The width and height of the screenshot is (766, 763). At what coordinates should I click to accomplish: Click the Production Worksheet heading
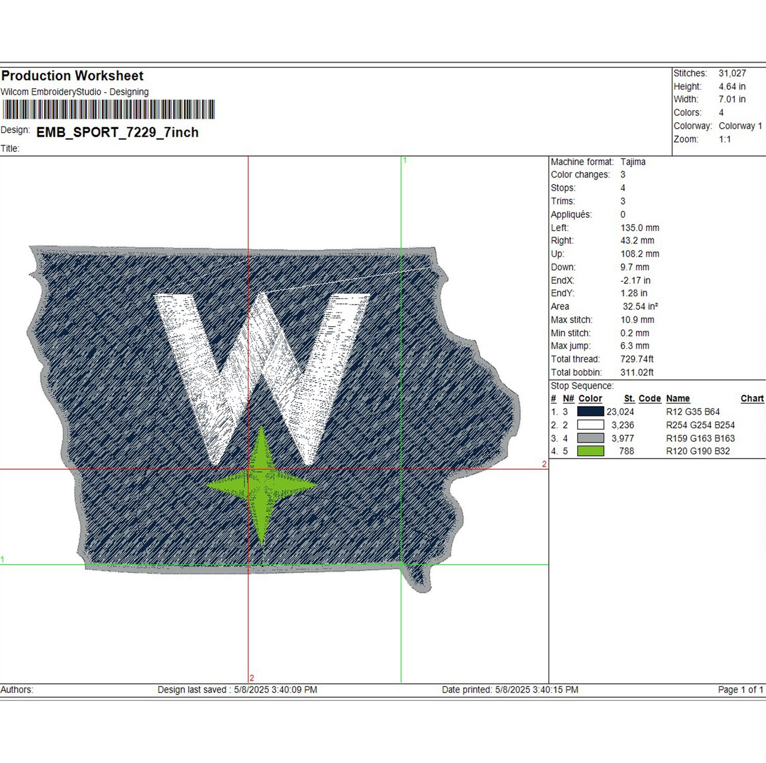(73, 76)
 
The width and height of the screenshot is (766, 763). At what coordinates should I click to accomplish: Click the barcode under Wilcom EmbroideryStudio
(108, 110)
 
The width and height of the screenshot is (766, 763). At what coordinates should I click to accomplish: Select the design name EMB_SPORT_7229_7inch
(117, 133)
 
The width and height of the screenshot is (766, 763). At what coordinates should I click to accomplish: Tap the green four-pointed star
(261, 485)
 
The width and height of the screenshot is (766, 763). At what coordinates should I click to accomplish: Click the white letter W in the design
(261, 378)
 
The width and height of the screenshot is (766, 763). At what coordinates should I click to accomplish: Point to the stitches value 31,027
(732, 73)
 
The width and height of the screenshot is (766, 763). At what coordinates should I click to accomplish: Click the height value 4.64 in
(732, 87)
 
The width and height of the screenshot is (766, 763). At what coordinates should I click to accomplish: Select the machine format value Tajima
(633, 162)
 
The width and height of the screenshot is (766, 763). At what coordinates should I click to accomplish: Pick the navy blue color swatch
(590, 411)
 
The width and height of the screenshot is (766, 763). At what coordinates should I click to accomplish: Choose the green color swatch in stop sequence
(590, 451)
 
